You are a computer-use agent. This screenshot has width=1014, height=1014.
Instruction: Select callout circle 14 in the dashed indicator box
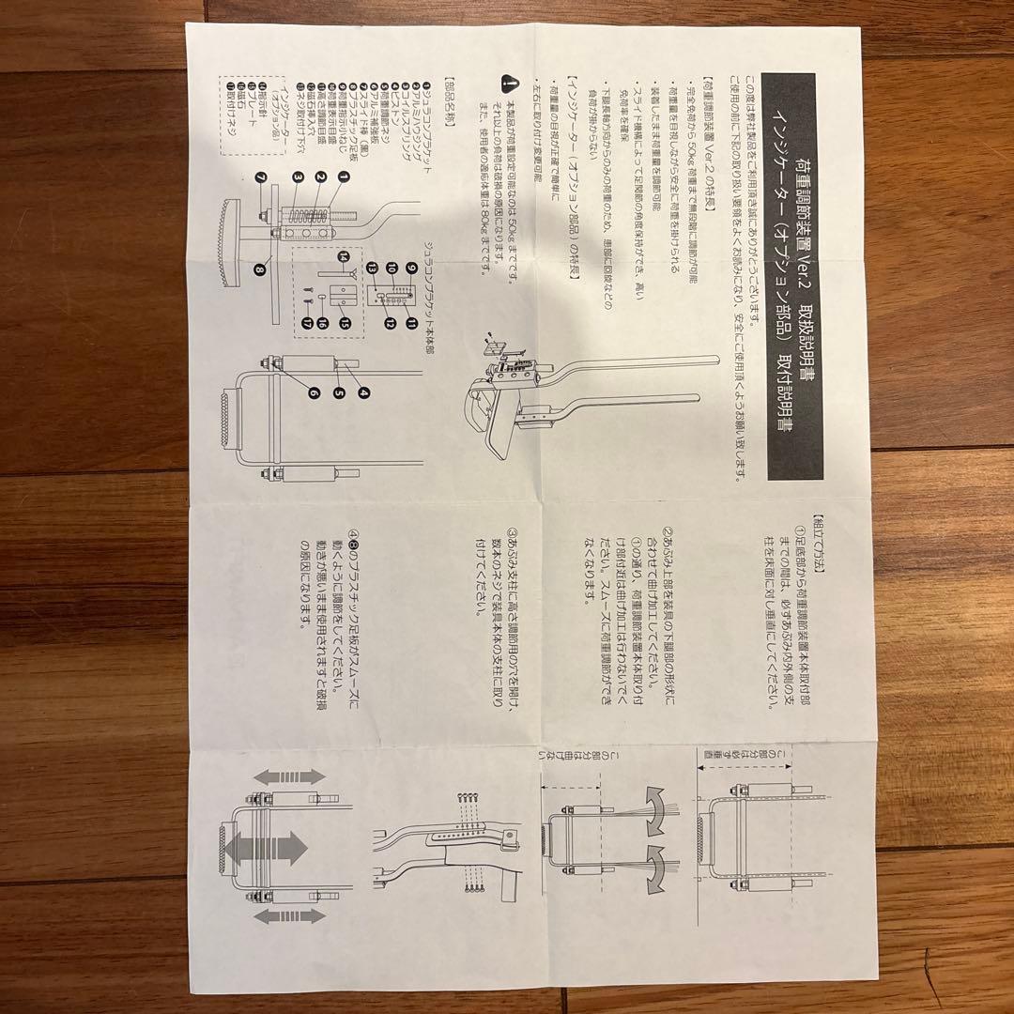[x=344, y=255]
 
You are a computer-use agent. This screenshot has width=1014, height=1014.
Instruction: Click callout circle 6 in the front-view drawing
[x=314, y=393]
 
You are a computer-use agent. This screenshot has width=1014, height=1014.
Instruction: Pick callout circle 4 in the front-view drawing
[x=361, y=392]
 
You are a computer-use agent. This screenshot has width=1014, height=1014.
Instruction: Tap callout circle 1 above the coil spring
[x=344, y=177]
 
